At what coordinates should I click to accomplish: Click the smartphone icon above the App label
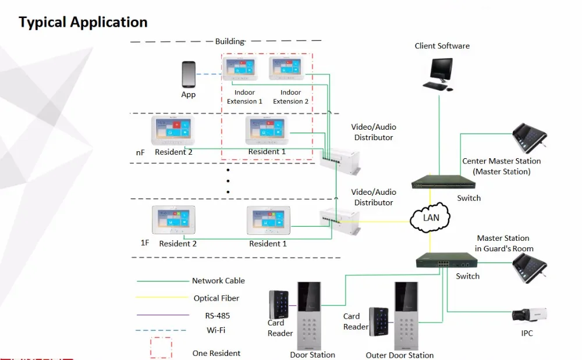(x=189, y=74)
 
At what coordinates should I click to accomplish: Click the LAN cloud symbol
(x=430, y=218)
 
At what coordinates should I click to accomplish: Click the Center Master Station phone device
(x=530, y=138)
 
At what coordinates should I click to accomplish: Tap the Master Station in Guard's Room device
(x=530, y=269)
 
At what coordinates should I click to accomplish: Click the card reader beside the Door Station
(x=279, y=305)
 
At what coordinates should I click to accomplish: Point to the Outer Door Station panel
(x=406, y=316)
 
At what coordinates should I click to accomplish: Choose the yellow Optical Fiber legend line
(x=162, y=297)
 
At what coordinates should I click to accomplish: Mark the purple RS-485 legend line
(x=162, y=315)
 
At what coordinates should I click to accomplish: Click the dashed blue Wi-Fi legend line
(x=161, y=330)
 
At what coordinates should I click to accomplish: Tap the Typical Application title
(x=83, y=22)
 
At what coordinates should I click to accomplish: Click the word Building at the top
(x=230, y=41)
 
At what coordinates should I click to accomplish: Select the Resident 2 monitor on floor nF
(x=173, y=130)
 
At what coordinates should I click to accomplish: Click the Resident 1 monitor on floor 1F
(x=268, y=220)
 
